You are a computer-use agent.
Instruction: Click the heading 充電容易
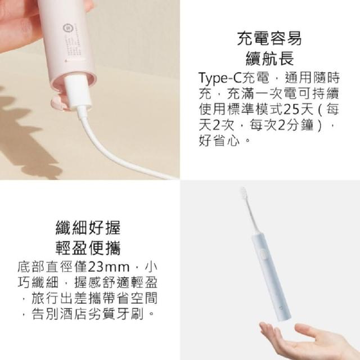click(269, 39)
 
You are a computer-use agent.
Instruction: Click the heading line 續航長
click(269, 58)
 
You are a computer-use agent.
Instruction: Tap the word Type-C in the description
click(220, 78)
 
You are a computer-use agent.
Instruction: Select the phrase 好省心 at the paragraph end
click(219, 141)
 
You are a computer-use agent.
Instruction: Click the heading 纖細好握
click(88, 228)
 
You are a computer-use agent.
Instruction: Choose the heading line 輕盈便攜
click(88, 248)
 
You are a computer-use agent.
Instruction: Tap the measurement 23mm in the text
click(109, 267)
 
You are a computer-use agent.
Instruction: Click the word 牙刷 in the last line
click(130, 314)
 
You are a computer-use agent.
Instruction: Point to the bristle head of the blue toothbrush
click(244, 193)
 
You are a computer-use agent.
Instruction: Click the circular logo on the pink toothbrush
click(66, 28)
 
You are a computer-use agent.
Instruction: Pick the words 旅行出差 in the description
click(59, 298)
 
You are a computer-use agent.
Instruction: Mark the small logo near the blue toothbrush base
click(281, 307)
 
